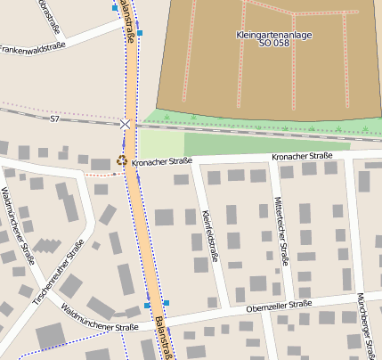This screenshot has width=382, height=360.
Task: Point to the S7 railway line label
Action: click(x=54, y=119)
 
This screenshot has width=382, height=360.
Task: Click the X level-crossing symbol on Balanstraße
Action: click(x=126, y=125)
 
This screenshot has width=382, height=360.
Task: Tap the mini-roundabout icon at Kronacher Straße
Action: click(x=122, y=161)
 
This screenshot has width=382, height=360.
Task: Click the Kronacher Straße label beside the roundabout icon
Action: click(x=162, y=161)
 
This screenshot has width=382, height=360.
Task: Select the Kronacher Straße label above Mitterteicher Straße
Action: click(x=302, y=156)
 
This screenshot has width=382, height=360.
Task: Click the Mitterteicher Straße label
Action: click(x=281, y=231)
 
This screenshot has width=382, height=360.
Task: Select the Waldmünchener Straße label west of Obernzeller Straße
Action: click(x=99, y=317)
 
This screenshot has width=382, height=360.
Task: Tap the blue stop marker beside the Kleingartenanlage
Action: click(x=140, y=33)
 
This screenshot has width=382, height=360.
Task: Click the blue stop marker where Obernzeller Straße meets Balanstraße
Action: click(x=167, y=302)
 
